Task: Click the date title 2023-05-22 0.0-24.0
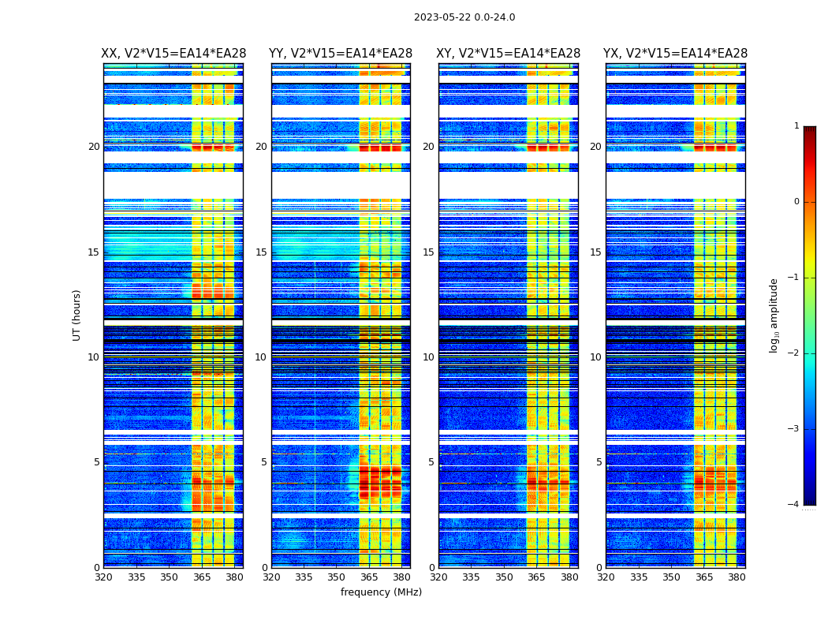pos(464,17)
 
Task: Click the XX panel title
pos(173,54)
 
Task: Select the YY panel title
pos(341,54)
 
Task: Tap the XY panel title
pos(509,54)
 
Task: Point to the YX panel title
pos(675,54)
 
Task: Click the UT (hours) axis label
pos(77,315)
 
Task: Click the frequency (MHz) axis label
pos(381,592)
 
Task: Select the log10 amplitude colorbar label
pos(774,315)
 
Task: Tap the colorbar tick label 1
pos(796,126)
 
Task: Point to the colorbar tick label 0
pos(796,202)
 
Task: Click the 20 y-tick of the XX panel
pos(94,147)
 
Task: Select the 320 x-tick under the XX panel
pos(103,577)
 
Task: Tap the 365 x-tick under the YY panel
pos(370,577)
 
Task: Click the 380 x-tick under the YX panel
pos(737,577)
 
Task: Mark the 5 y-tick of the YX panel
pos(599,462)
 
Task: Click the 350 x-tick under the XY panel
pos(504,577)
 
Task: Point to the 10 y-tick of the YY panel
pos(261,357)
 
